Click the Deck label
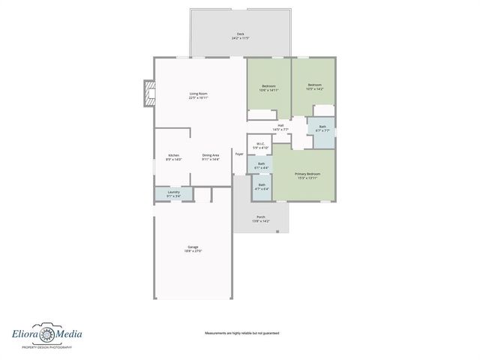(x=240, y=35)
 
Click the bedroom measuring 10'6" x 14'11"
(x=269, y=88)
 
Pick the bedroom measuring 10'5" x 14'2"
(x=315, y=87)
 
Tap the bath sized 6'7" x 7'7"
(x=322, y=129)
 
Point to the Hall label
(x=280, y=127)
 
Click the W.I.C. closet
(x=259, y=145)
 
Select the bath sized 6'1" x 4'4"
(x=261, y=165)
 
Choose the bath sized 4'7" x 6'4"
(x=261, y=187)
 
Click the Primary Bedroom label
(x=307, y=175)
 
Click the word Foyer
(x=239, y=154)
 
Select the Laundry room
(x=173, y=193)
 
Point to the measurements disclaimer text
(x=241, y=333)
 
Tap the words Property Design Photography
(x=46, y=348)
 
